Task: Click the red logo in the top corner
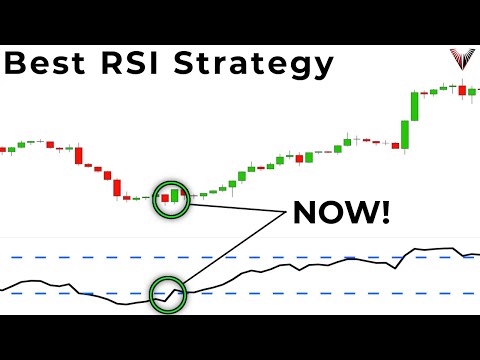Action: (462, 59)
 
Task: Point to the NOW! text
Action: (342, 213)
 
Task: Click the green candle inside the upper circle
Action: (174, 194)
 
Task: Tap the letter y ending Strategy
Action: (320, 69)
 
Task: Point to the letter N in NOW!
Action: (303, 213)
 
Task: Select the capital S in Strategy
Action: (193, 64)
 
